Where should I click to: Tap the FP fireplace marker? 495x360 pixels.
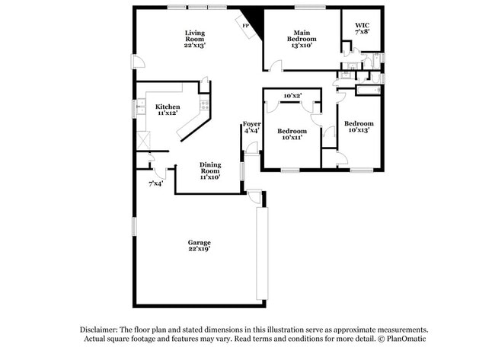coord(245,26)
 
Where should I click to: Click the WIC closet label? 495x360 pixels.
coord(362,25)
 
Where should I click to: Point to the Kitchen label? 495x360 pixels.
coord(168,107)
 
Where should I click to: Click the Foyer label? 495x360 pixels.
coord(251,123)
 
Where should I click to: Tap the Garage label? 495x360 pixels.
coord(200,242)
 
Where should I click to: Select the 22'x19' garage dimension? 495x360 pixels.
coord(200,249)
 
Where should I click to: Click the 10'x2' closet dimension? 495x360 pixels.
coord(292,96)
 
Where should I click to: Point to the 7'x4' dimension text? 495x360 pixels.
coord(155,183)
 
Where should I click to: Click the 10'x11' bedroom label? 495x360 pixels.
coord(291,138)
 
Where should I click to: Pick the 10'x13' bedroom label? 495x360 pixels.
coord(358,130)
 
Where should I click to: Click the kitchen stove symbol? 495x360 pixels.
coord(204,104)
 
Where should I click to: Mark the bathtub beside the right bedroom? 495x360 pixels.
coord(367,90)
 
